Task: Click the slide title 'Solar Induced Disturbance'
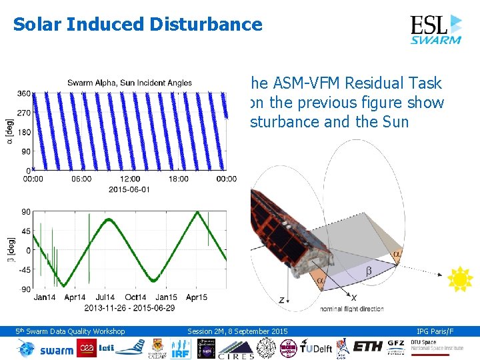click(x=137, y=25)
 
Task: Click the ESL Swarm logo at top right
click(x=435, y=29)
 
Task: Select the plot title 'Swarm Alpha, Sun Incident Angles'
click(x=129, y=83)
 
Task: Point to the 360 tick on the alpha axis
click(x=24, y=94)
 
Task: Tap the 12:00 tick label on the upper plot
click(x=130, y=179)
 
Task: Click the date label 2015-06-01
click(x=129, y=189)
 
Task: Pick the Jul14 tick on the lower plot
click(x=104, y=297)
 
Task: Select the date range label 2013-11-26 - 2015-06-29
click(x=129, y=307)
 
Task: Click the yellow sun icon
click(x=459, y=279)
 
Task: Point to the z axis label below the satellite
click(x=282, y=301)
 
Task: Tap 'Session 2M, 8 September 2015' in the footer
click(x=237, y=331)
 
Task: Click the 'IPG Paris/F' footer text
click(x=435, y=331)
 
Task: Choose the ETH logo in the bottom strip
click(x=369, y=347)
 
